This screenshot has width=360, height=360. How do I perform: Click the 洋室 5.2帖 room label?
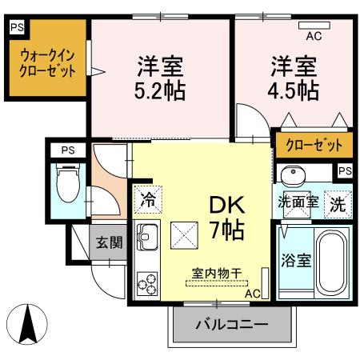coord(161,77)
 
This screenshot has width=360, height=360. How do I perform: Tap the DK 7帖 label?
coord(227,216)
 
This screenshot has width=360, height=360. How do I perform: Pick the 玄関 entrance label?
coord(110,242)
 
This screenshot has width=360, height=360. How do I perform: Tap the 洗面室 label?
coord(298,202)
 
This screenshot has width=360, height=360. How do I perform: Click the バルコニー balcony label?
coord(222,326)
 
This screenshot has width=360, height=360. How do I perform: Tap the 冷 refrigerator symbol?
coord(147,198)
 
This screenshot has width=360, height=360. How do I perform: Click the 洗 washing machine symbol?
coord(339,202)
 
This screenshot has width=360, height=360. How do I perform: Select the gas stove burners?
coord(148,282)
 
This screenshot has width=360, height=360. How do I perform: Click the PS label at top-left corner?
coord(16,26)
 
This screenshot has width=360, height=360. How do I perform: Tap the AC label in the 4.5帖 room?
coord(314,35)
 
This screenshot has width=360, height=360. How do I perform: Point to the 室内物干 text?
coord(215,274)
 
